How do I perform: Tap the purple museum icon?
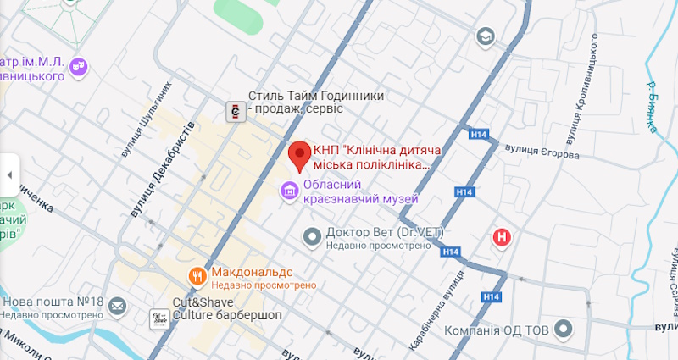pyautogui.click(x=290, y=191)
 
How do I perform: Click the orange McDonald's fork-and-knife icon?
pyautogui.click(x=197, y=275)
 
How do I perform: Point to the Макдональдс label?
pyautogui.click(x=252, y=273)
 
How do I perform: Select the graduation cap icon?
pyautogui.click(x=485, y=36)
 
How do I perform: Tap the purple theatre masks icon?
pyautogui.click(x=79, y=64)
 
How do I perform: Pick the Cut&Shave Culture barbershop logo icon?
pyautogui.click(x=158, y=318)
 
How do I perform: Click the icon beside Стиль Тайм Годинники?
pyautogui.click(x=234, y=109)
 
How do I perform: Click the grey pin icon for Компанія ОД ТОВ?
pyautogui.click(x=433, y=330)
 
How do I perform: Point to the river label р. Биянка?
pyautogui.click(x=651, y=106)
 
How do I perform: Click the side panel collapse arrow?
pyautogui.click(x=8, y=175)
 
